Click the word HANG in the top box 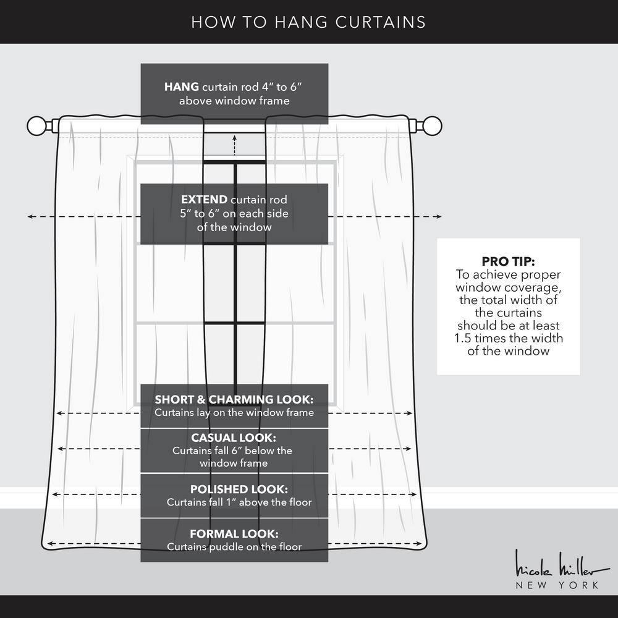coord(181,87)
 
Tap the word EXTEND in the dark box coord(204,200)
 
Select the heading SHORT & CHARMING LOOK coord(234,400)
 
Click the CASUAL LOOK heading coord(234,438)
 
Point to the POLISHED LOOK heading coord(239,489)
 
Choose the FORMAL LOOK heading coord(234,534)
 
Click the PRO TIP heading coord(508,261)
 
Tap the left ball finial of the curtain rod coord(36,126)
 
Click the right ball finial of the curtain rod coord(432,126)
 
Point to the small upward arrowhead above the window coord(234,138)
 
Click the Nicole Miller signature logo coord(561,564)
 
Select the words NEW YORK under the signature coord(557,585)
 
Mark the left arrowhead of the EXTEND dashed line coord(30,216)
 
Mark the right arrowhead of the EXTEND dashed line coord(439,216)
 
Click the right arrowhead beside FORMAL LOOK coord(420,544)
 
